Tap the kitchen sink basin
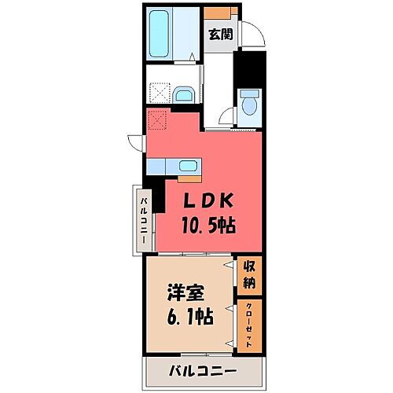[188, 166]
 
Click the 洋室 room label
[186, 292]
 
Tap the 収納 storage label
[249, 274]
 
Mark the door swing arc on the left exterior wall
[136, 143]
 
